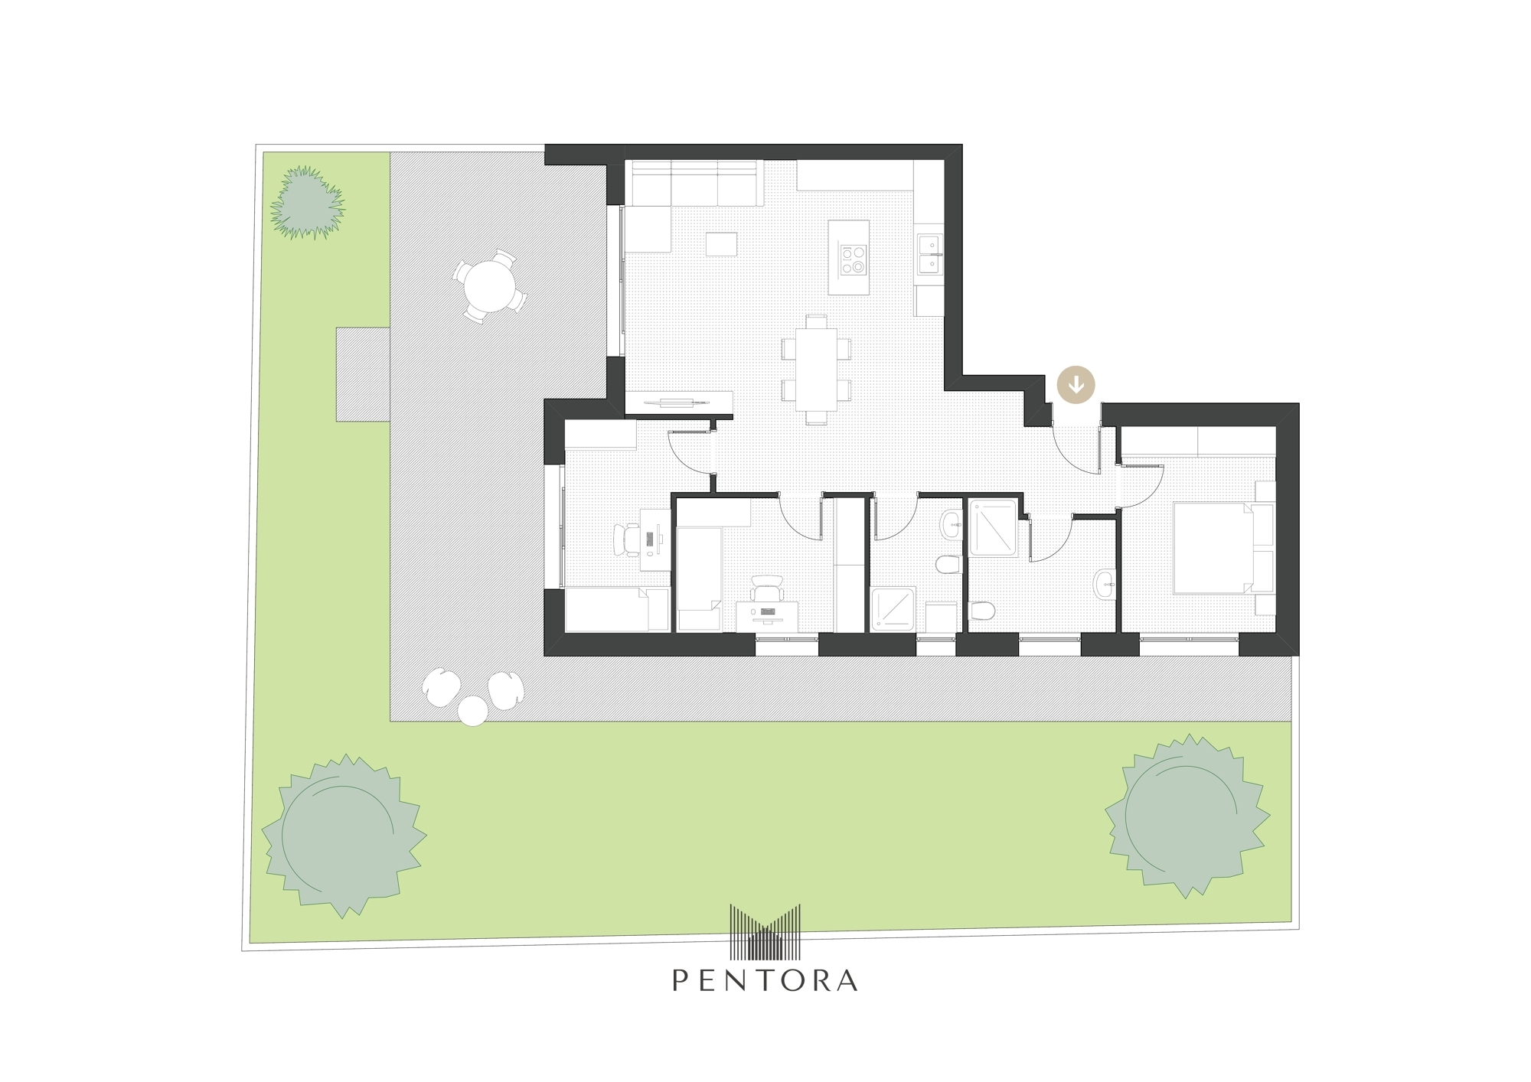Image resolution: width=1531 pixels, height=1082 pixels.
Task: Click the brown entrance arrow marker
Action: tap(1076, 384)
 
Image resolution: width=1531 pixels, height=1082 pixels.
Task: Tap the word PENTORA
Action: tap(765, 980)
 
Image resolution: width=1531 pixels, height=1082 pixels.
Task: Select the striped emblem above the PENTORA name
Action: tap(765, 932)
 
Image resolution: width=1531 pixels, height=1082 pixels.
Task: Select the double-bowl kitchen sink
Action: tap(930, 254)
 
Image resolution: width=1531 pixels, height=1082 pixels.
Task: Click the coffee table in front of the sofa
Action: tap(722, 243)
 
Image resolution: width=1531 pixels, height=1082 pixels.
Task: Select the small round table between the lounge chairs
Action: tap(473, 711)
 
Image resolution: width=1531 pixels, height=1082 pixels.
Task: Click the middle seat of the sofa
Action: tap(694, 184)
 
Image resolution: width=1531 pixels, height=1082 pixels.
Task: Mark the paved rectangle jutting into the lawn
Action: tap(363, 374)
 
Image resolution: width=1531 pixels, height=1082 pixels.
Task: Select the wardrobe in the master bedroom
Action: tap(1199, 442)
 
